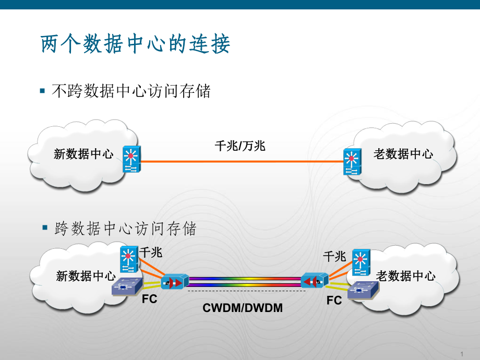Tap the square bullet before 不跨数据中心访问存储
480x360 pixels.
(x=43, y=91)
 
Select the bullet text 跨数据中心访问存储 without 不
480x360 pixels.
(x=125, y=229)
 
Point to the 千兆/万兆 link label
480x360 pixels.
(x=240, y=146)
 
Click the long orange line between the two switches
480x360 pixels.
(x=240, y=162)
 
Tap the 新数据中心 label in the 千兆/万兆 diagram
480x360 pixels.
(x=83, y=154)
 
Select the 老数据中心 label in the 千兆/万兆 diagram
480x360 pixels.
(x=403, y=154)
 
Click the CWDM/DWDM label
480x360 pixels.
(x=243, y=308)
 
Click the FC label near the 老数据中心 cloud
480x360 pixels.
(x=334, y=301)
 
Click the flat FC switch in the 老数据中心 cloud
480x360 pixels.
(x=359, y=290)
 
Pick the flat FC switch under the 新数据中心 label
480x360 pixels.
(x=127, y=287)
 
